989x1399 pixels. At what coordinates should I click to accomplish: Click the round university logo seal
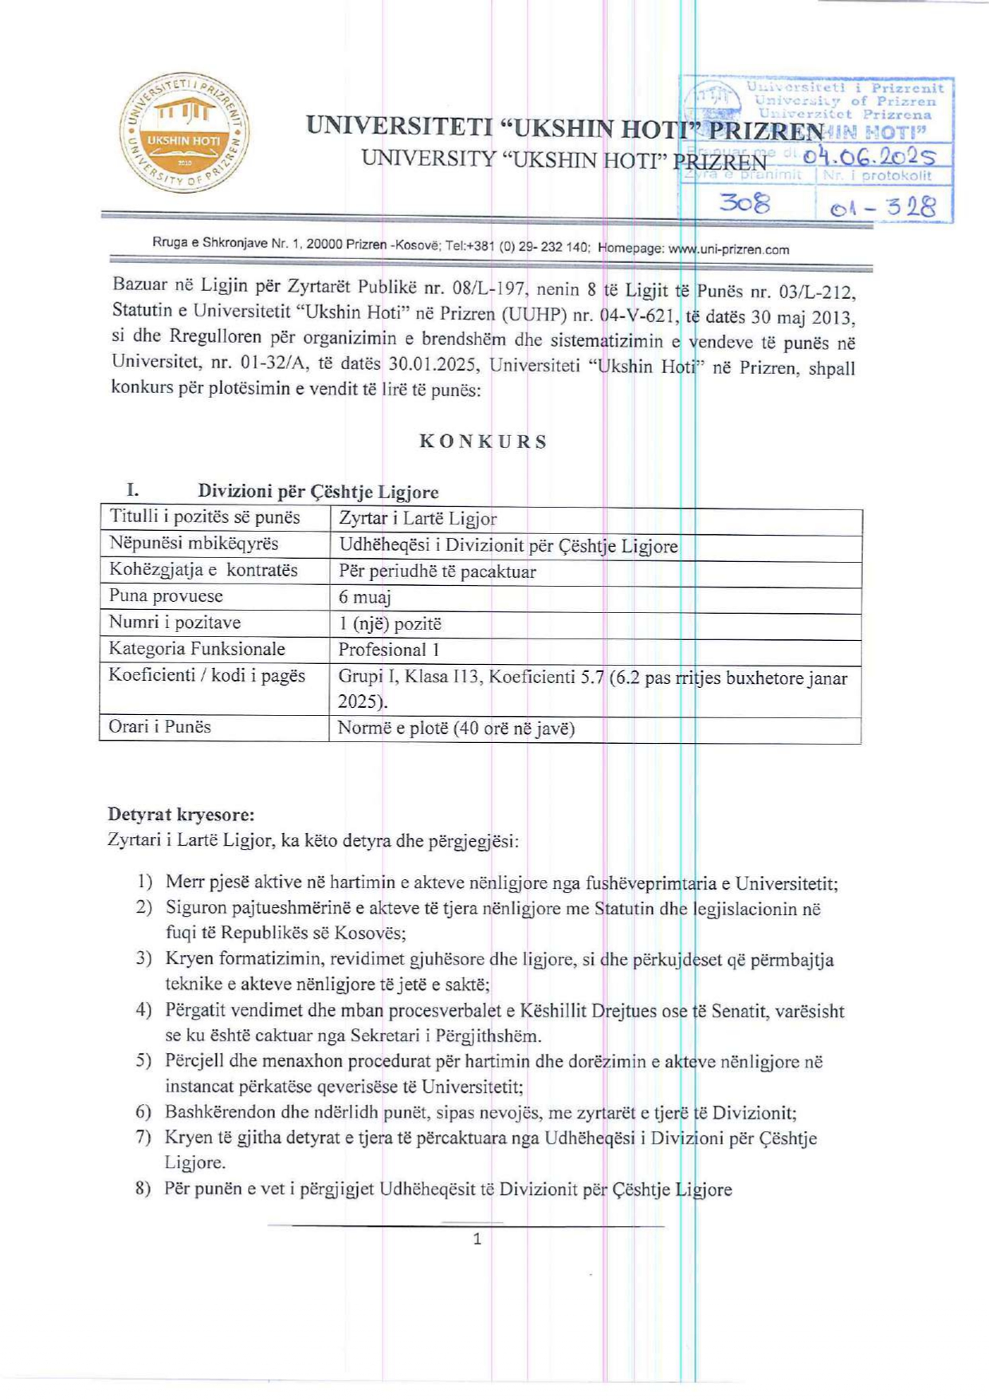(184, 132)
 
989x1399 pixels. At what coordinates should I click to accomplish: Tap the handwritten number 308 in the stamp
(744, 204)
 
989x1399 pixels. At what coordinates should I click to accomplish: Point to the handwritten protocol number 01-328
(882, 208)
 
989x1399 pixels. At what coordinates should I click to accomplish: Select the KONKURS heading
(483, 442)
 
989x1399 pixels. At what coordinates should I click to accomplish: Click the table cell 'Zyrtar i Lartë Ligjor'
(418, 519)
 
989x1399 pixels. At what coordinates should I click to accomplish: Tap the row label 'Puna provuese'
(166, 596)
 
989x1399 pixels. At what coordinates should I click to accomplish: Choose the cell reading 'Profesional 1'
(389, 650)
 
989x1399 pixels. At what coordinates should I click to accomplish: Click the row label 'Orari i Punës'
(159, 727)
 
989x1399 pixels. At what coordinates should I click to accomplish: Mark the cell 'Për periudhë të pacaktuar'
(437, 572)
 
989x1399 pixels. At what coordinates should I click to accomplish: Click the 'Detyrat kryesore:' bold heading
(181, 815)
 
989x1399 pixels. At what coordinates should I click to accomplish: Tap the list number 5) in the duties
(143, 1061)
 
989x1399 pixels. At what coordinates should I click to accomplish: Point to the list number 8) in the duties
(143, 1189)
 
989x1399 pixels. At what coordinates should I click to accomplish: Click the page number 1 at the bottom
(477, 1239)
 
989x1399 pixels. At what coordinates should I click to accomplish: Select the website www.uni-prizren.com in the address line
(728, 250)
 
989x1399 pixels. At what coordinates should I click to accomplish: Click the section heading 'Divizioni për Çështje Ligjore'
(318, 492)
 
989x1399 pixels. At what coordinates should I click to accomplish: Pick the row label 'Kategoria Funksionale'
(197, 649)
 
